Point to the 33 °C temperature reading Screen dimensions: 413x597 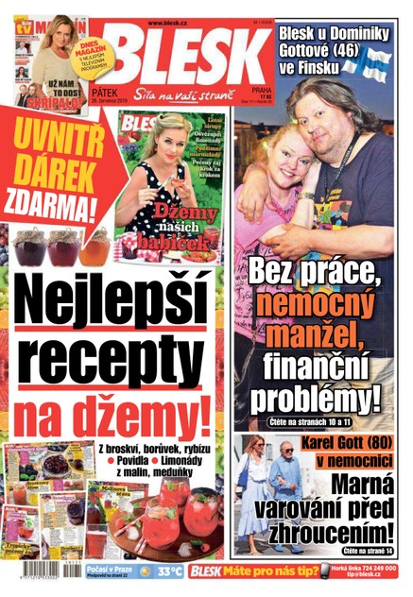pyautogui.click(x=170, y=571)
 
